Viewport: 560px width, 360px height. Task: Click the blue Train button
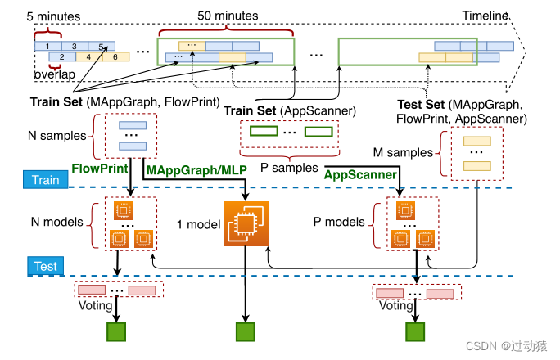44,180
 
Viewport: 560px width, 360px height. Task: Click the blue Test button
45,266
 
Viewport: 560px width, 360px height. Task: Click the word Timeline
485,15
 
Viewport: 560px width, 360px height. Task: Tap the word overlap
54,75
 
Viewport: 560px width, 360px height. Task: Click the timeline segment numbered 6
115,56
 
